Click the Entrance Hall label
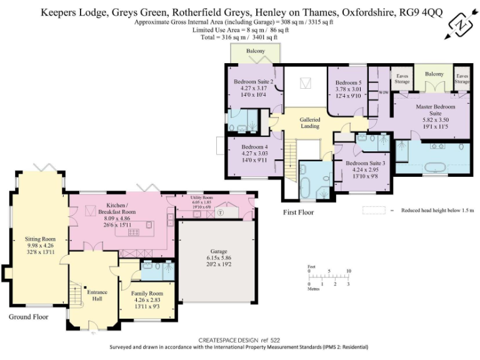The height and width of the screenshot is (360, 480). tap(97, 296)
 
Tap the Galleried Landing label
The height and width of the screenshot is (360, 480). tap(310, 122)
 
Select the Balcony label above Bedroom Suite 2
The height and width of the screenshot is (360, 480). tap(255, 51)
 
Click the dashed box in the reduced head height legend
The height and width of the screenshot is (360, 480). tap(374, 211)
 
